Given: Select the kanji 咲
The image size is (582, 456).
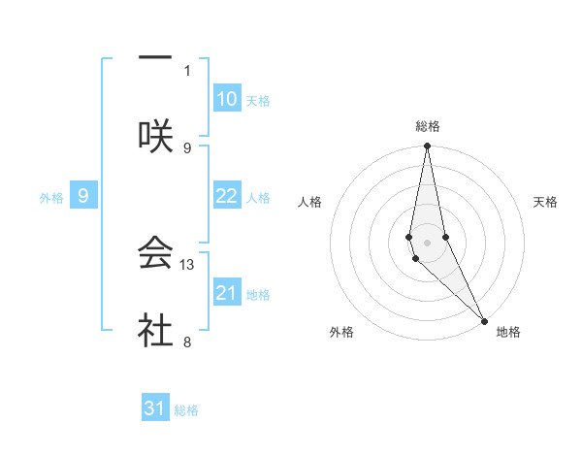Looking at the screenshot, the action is [155, 136].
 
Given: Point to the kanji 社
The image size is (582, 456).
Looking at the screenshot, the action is [155, 330].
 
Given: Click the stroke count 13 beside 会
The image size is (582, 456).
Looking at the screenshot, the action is [188, 264].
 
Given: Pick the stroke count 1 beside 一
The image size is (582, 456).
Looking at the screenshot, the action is [187, 70].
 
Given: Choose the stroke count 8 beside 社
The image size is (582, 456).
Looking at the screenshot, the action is [187, 342].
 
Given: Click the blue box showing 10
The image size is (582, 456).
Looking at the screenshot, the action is [227, 99].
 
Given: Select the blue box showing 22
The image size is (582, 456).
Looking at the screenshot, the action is [227, 196].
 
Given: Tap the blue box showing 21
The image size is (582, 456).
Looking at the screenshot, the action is [227, 293].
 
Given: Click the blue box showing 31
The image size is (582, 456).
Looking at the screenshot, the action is [155, 408].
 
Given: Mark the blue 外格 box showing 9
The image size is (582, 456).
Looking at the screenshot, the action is [83, 196].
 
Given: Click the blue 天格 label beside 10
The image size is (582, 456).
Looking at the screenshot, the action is [258, 100].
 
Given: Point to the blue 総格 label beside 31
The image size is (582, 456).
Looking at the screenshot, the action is [186, 409].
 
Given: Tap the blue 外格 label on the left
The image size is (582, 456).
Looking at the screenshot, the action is [51, 197].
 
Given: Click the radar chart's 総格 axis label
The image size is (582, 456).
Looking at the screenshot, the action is [428, 126].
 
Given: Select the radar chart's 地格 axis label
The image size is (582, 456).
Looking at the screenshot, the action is [508, 332].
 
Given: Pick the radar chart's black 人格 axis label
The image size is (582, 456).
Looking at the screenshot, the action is [309, 202].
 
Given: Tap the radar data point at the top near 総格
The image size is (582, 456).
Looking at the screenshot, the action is [428, 147].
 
